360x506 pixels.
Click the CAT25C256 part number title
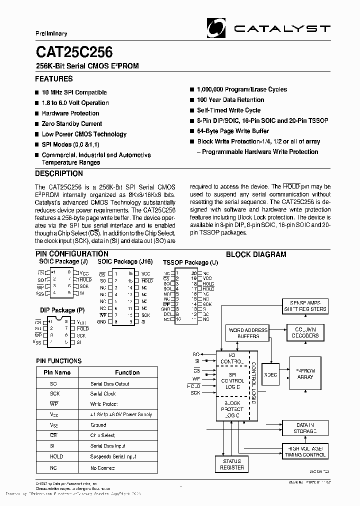pos(73,52)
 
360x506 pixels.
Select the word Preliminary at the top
pos(51,33)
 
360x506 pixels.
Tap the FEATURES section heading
pos(53,79)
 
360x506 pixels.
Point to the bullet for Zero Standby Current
pos(37,124)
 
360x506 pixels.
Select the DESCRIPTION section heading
pos(59,174)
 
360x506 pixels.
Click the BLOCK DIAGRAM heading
pos(256,254)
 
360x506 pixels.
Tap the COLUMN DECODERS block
pos(305,333)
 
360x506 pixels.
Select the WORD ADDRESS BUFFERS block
pos(248,333)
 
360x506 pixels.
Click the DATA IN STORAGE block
pos(305,428)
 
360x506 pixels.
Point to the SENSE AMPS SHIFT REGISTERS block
pos(305,306)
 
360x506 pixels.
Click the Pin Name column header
pos(57,372)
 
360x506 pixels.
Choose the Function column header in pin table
pos(127,372)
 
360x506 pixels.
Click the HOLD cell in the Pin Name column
pos(56,456)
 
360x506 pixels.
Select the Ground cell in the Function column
pos(98,425)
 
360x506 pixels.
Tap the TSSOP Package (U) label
pos(190,262)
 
